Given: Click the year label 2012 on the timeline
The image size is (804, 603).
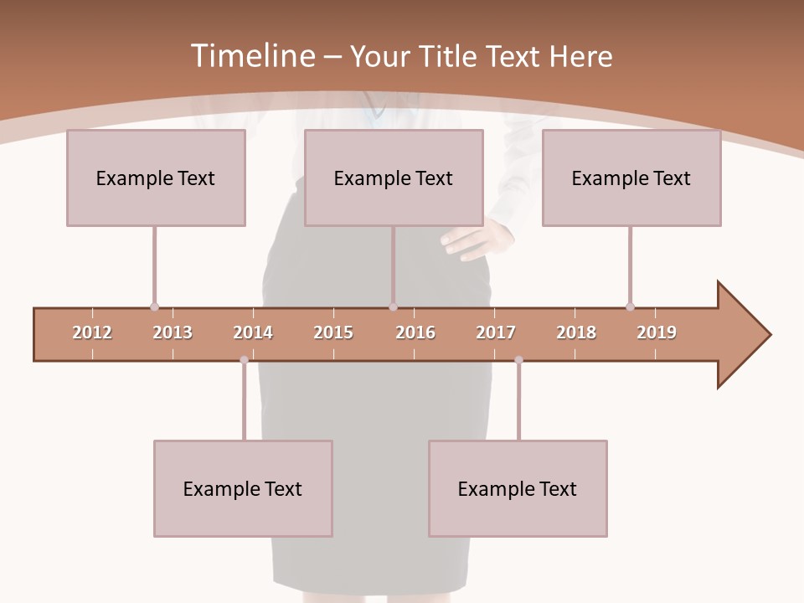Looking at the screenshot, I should pyautogui.click(x=92, y=332).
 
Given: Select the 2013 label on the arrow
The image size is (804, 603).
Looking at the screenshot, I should pyautogui.click(x=173, y=332).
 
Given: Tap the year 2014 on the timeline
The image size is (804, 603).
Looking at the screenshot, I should pyautogui.click(x=253, y=332).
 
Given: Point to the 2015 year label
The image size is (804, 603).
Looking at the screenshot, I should pyautogui.click(x=333, y=332).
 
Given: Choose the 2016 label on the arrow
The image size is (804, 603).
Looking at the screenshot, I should pyautogui.click(x=415, y=332).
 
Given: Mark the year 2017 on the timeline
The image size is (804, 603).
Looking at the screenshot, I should pyautogui.click(x=496, y=332).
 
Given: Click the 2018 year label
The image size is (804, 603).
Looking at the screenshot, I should pyautogui.click(x=576, y=332).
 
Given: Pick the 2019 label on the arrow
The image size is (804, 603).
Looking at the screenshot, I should pyautogui.click(x=657, y=332).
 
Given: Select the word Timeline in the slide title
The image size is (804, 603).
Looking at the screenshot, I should pyautogui.click(x=250, y=56).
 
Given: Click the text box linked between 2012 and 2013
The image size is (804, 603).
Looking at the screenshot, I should pyautogui.click(x=156, y=178).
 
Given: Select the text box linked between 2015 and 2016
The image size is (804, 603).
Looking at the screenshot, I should pyautogui.click(x=394, y=178).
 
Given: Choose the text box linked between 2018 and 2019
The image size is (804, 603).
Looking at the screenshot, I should pyautogui.click(x=631, y=178).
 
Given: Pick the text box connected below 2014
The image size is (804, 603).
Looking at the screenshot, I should pyautogui.click(x=243, y=488).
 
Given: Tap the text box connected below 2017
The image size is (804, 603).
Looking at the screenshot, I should pyautogui.click(x=518, y=488).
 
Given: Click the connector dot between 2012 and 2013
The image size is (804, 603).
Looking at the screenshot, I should pyautogui.click(x=154, y=307).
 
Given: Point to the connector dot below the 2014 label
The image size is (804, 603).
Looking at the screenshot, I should pyautogui.click(x=244, y=360).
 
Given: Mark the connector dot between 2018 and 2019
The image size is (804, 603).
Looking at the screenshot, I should pyautogui.click(x=630, y=307).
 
